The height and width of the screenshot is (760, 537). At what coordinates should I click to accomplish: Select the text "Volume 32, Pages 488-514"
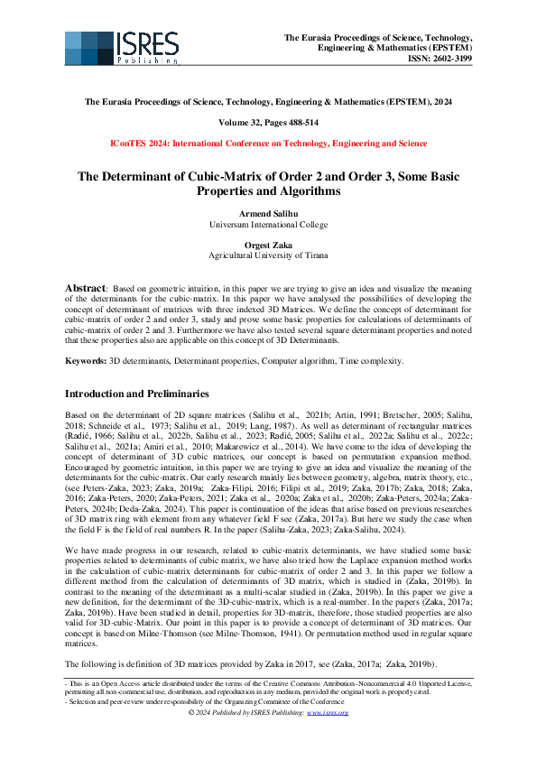[268, 122]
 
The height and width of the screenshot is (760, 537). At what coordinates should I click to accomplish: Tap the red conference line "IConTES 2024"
[268, 144]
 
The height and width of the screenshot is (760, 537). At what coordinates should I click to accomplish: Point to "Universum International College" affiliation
[268, 226]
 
